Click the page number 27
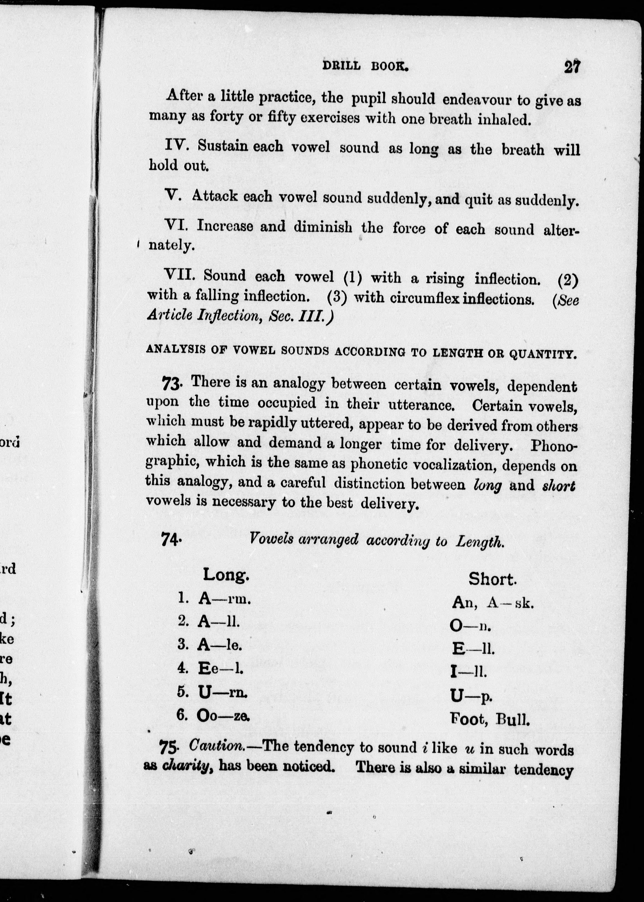pyautogui.click(x=572, y=66)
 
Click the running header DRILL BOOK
pyautogui.click(x=365, y=66)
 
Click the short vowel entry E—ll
pyautogui.click(x=473, y=649)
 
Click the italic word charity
pyautogui.click(x=186, y=766)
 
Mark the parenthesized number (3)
pyautogui.click(x=337, y=297)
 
